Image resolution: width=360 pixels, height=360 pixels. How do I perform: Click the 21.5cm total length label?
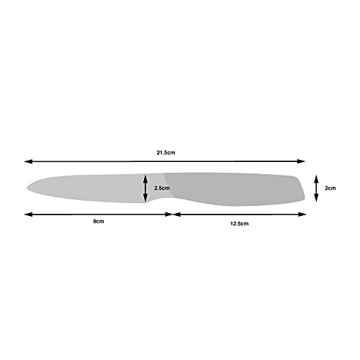165,153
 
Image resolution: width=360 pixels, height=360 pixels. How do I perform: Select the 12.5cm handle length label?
238,224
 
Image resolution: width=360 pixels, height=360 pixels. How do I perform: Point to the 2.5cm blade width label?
162,188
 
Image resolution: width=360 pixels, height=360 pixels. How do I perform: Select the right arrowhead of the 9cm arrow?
170,213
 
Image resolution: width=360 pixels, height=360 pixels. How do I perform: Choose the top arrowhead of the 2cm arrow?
317,177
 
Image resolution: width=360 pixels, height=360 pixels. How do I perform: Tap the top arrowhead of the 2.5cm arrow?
148,176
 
